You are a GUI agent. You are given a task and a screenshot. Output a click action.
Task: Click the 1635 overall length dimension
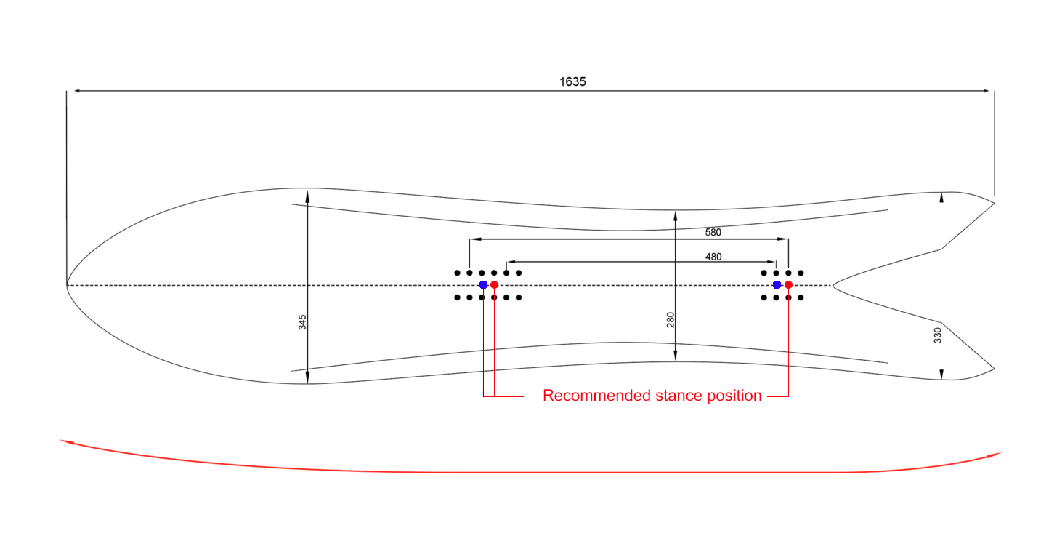572,82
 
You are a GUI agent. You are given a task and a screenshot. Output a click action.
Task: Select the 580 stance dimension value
713,233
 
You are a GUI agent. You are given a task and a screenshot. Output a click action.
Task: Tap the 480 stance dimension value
713,257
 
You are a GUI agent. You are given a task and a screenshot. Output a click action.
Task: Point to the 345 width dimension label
302,322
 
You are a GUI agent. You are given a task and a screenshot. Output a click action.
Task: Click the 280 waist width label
671,319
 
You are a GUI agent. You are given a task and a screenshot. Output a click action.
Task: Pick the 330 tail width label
937,335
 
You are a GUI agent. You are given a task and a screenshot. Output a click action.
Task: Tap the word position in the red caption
734,396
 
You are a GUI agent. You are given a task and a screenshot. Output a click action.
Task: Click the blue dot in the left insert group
483,284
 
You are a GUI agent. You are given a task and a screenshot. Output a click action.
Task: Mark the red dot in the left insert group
494,284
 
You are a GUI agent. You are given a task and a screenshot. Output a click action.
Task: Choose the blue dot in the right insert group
777,284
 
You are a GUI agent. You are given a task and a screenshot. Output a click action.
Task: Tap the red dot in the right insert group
788,284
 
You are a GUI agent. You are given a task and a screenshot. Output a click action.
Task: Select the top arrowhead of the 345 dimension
307,195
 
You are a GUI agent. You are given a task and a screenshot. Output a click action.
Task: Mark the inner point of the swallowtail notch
833,285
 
